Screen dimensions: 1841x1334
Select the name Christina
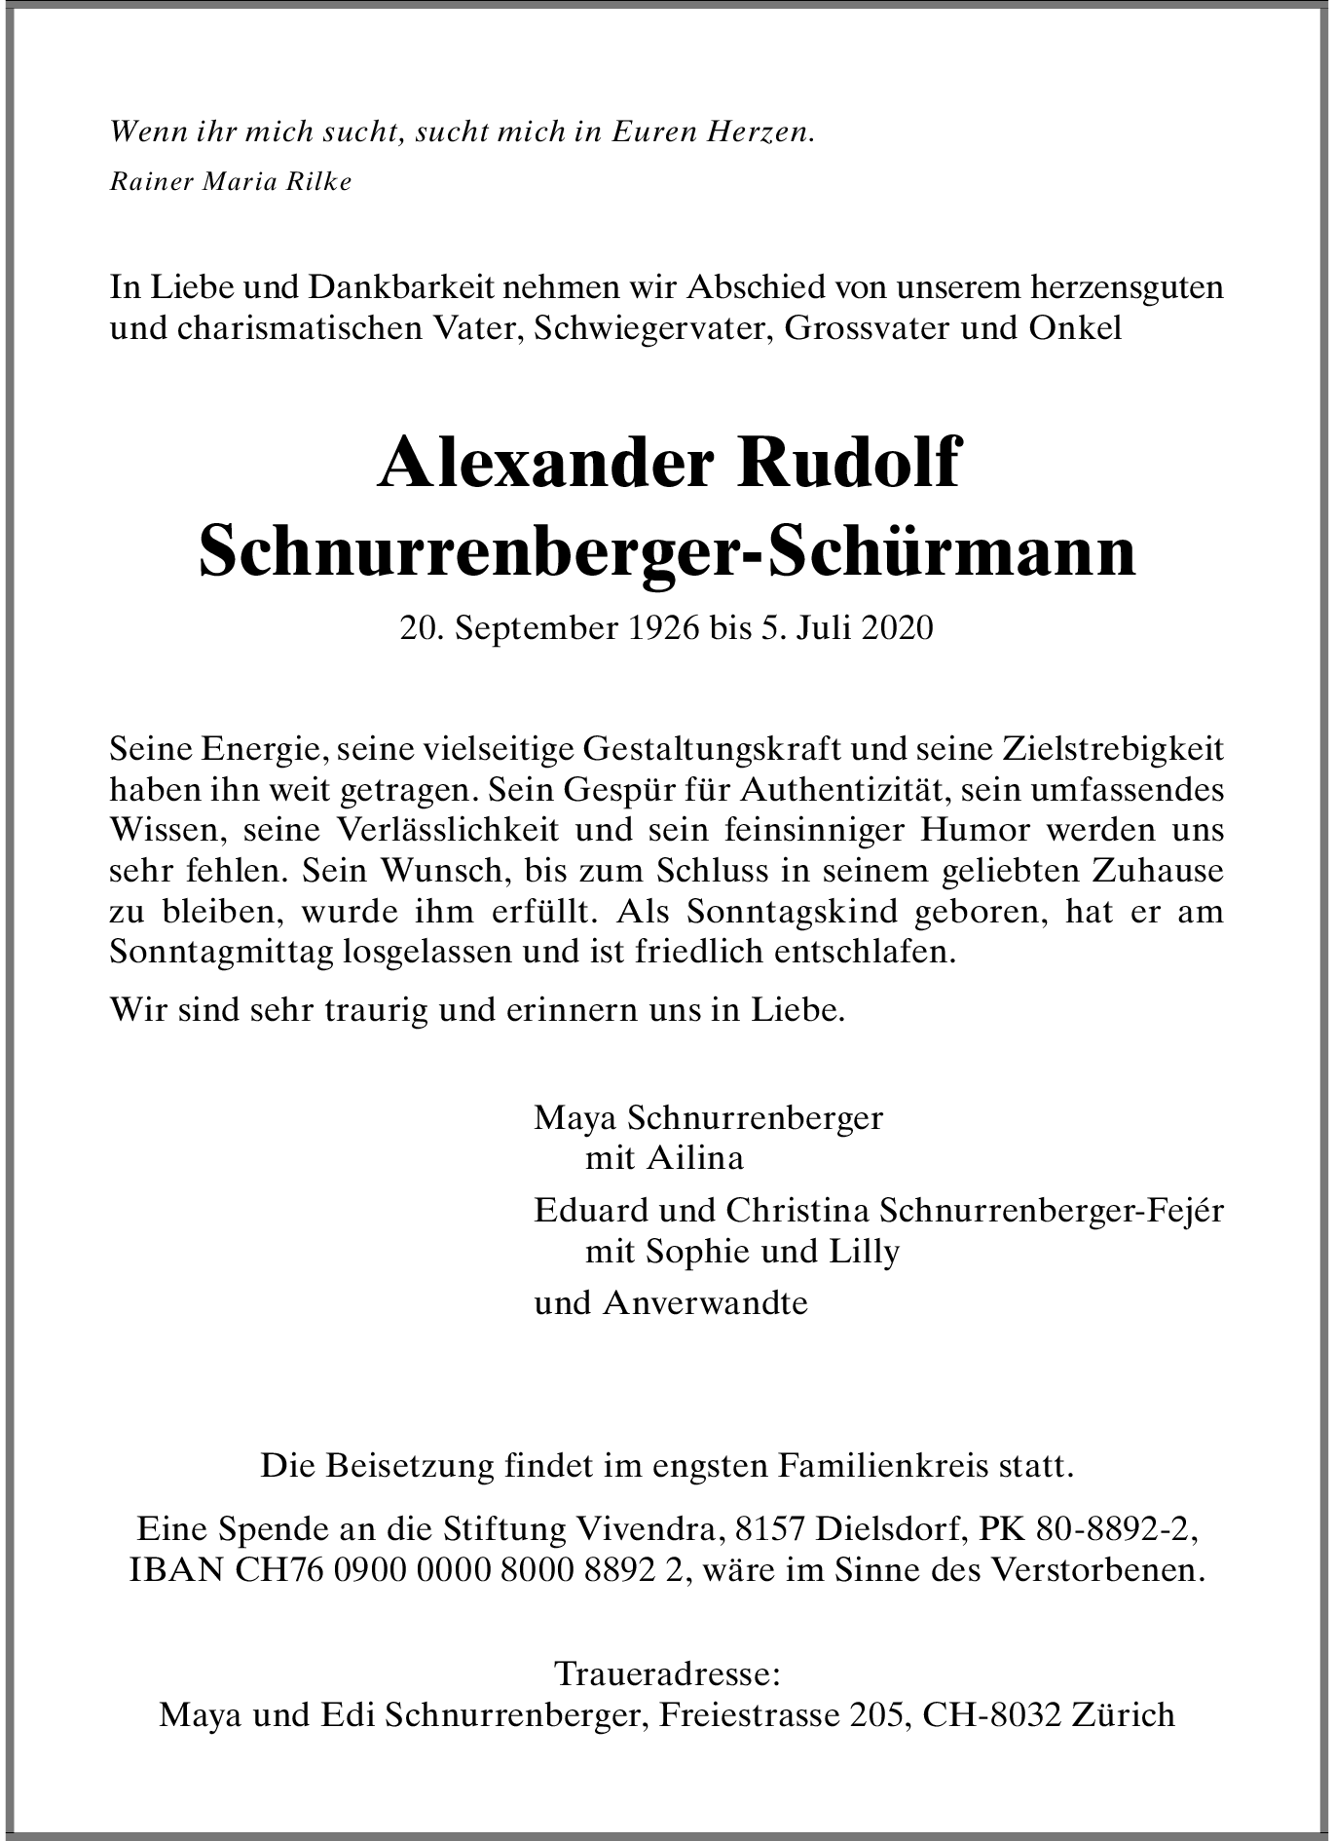coord(796,1211)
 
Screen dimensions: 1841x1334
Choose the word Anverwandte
coord(705,1303)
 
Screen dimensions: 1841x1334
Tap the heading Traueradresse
coord(667,1674)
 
